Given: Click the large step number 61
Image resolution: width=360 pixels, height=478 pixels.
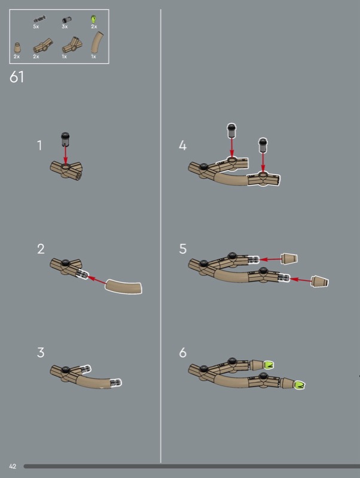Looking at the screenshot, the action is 17,77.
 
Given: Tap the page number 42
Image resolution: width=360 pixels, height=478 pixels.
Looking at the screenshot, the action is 13,466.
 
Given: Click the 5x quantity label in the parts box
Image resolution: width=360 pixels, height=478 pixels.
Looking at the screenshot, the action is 36,26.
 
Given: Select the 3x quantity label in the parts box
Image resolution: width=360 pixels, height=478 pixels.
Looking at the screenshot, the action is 65,26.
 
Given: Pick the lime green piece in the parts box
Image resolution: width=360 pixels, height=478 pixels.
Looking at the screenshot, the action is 94,19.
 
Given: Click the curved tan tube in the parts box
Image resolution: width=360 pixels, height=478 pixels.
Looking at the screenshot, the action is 97,42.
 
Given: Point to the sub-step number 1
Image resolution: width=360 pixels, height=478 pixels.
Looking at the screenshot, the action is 39,145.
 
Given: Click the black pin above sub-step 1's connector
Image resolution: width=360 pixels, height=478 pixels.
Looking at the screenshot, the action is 65,139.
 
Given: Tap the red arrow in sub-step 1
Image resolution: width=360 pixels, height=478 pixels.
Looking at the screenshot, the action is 65,156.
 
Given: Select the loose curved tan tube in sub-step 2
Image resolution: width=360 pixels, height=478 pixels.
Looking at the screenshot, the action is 124,287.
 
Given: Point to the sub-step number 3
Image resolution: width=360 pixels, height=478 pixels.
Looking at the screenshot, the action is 41,353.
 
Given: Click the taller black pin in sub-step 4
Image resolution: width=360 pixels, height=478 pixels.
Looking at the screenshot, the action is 232,131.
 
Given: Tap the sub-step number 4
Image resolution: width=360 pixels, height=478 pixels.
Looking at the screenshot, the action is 182,145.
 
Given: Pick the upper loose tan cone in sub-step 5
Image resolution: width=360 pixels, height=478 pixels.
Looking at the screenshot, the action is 289,259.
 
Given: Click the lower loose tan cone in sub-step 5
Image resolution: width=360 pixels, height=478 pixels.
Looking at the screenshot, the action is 319,281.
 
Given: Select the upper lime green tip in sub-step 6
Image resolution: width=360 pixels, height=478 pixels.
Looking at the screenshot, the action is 268,365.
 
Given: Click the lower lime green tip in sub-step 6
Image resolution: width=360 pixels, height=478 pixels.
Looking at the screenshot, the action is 299,385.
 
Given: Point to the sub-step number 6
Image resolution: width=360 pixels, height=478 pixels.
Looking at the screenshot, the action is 182,353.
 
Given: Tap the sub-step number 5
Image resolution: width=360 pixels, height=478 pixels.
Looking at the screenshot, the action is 182,249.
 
